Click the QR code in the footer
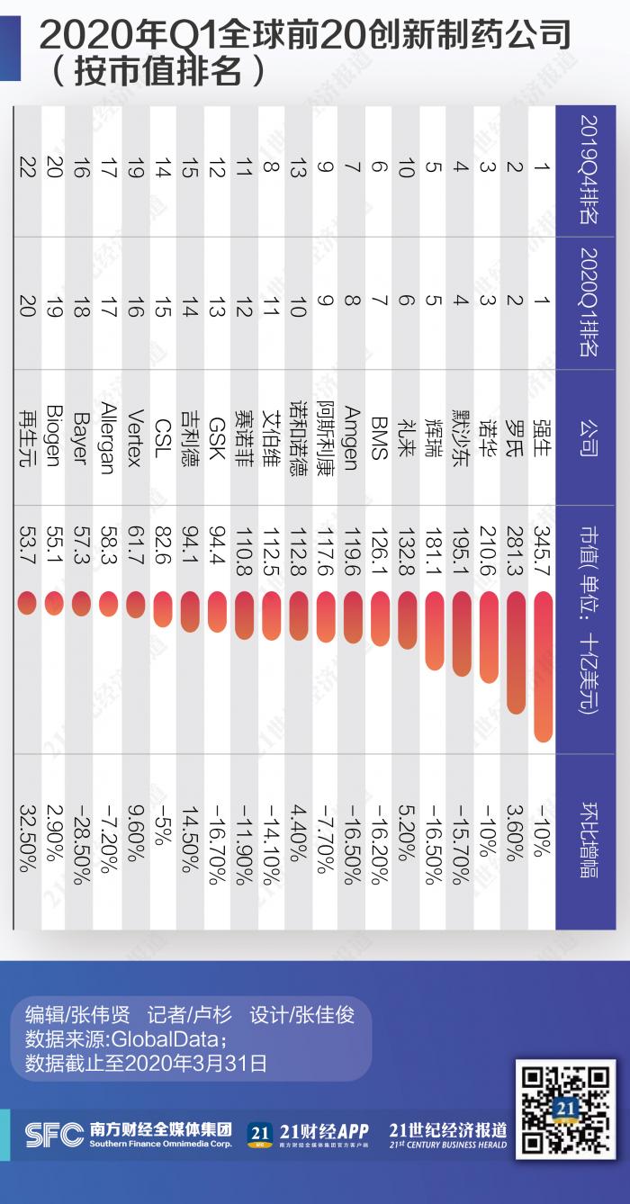565,1110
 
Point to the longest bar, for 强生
543,667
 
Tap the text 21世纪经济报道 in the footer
447,1130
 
